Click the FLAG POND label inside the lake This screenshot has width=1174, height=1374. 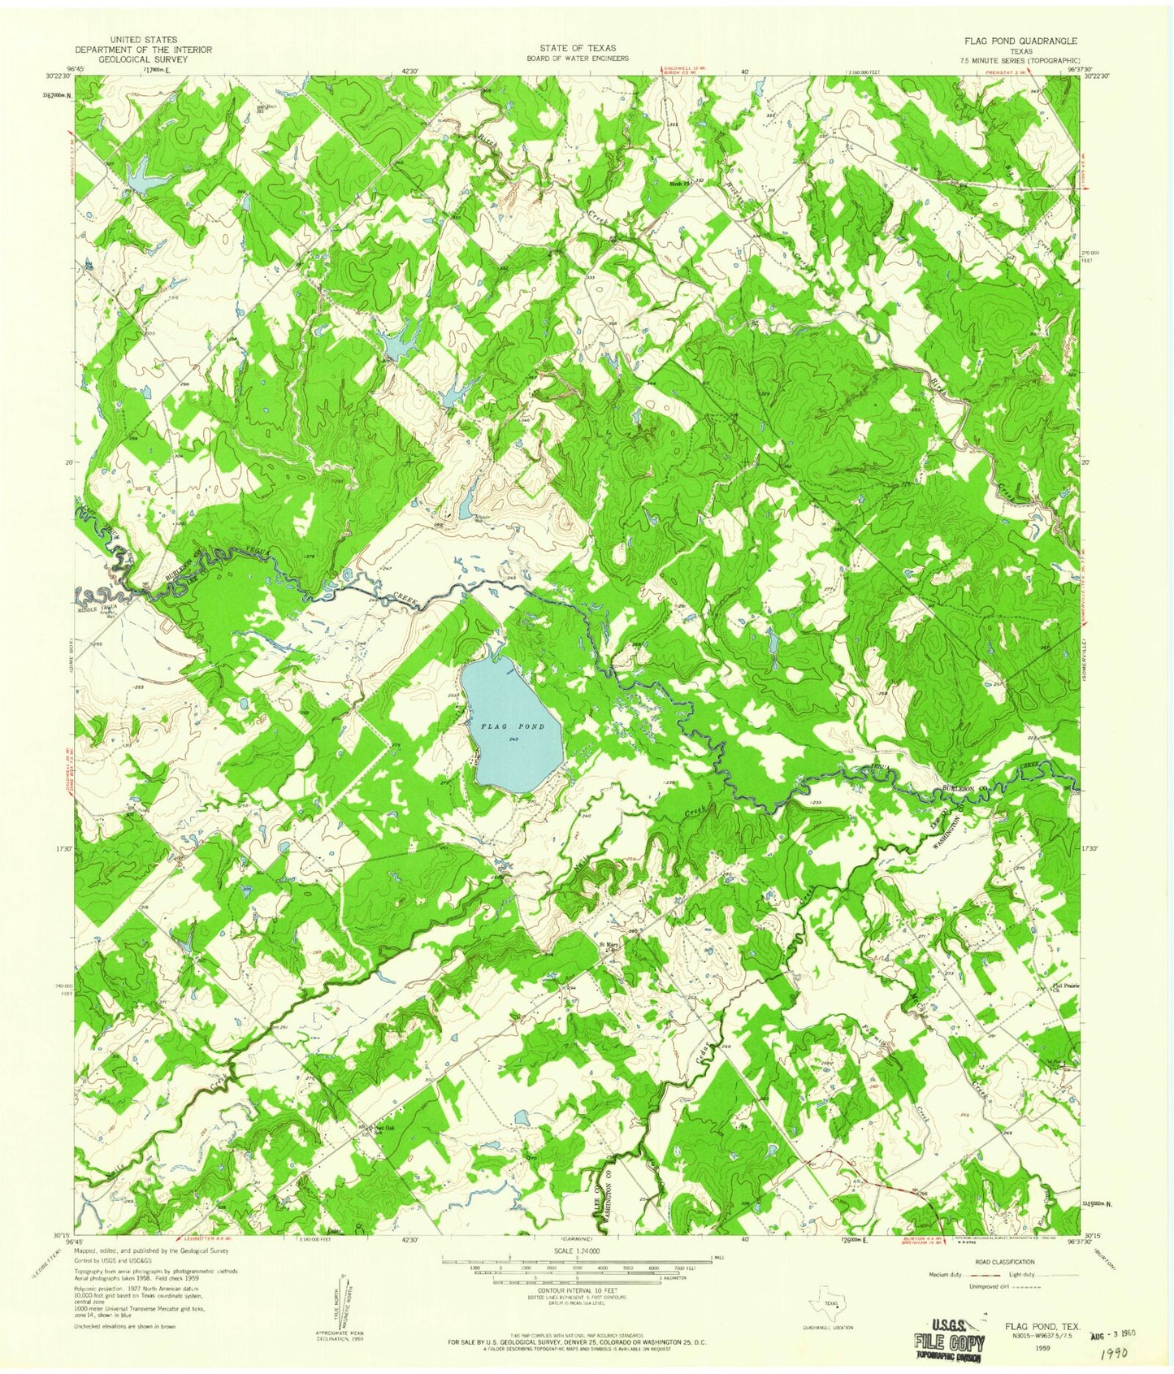point(512,726)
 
